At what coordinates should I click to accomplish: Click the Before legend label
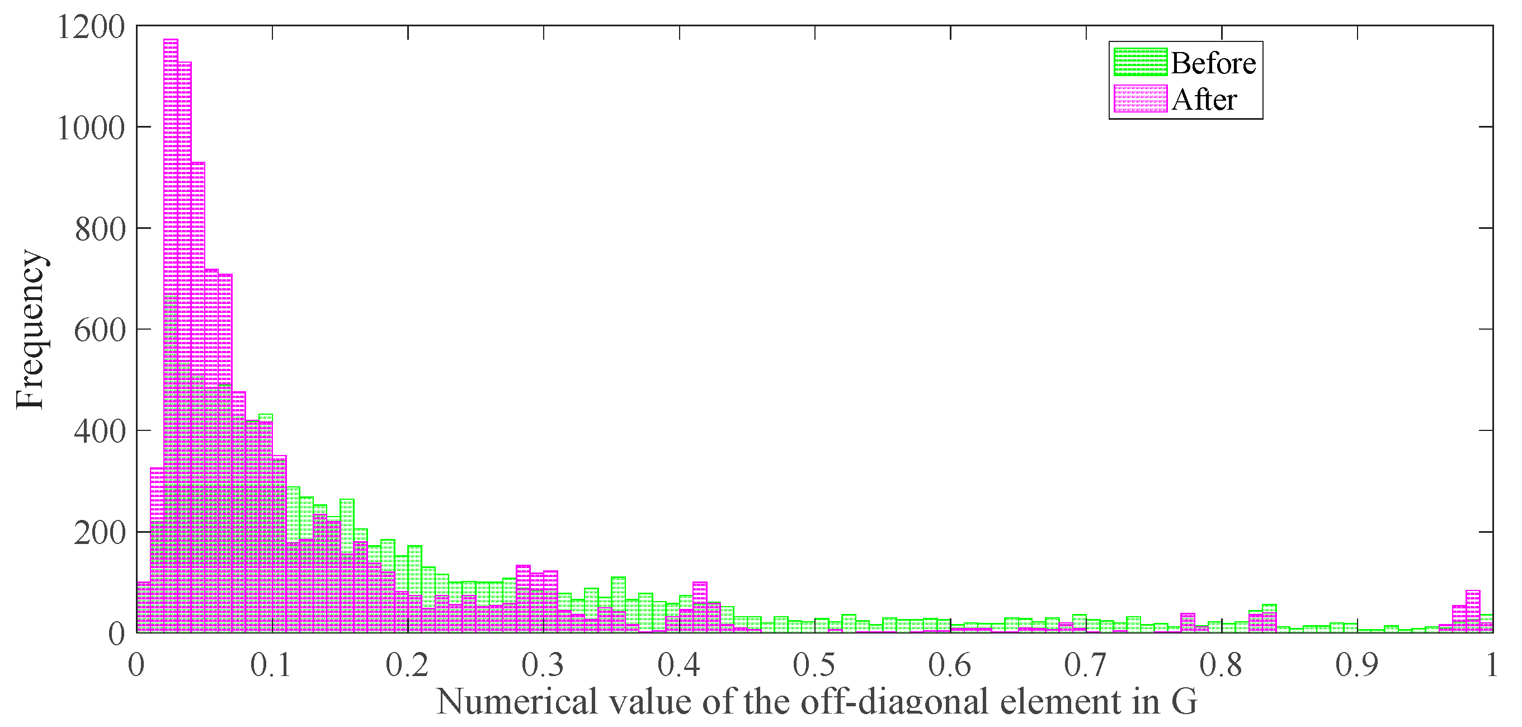pyautogui.click(x=1213, y=63)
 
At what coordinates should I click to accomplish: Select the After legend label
pyautogui.click(x=1204, y=99)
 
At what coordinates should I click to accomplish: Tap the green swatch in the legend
pyautogui.click(x=1140, y=63)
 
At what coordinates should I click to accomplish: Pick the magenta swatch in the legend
pyautogui.click(x=1140, y=99)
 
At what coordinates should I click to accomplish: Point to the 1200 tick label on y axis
pyautogui.click(x=91, y=27)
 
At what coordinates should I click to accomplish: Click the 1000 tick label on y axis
pyautogui.click(x=91, y=128)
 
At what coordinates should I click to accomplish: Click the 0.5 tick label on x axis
pyautogui.click(x=814, y=664)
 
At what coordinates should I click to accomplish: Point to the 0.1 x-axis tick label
pyautogui.click(x=271, y=664)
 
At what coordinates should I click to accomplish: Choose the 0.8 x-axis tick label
pyautogui.click(x=1221, y=664)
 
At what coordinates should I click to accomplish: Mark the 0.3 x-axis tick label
pyautogui.click(x=543, y=664)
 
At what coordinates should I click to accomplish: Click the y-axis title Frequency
pyautogui.click(x=30, y=329)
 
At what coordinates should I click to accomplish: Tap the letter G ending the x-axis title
pyautogui.click(x=1184, y=702)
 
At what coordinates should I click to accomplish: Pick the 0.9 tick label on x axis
pyautogui.click(x=1357, y=664)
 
